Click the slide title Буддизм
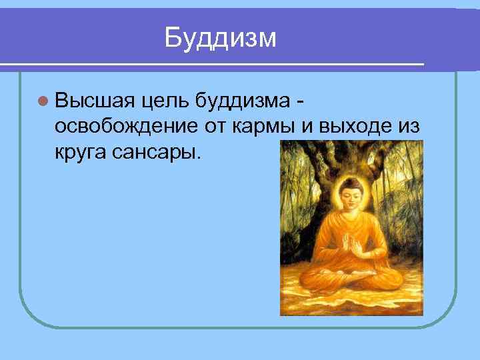pos(221,37)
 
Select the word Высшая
pos(96,101)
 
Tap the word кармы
pos(261,127)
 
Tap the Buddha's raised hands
pos(351,245)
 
